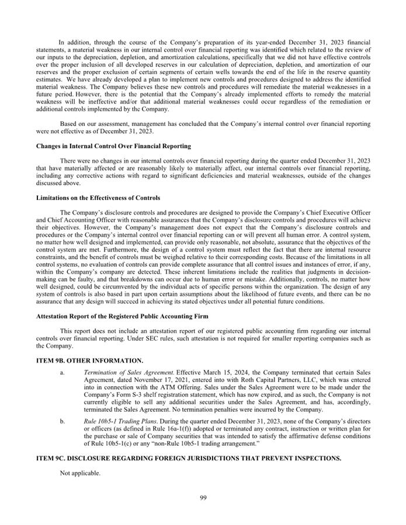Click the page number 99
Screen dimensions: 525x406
tap(203, 498)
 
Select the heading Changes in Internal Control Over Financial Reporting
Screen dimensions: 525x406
tap(113, 145)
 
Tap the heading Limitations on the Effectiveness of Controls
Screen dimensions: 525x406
tap(98, 198)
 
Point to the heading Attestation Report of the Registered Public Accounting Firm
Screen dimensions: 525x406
tap(123, 316)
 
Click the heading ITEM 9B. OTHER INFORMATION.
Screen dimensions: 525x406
tap(90, 361)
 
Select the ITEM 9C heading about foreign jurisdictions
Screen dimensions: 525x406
tap(189, 459)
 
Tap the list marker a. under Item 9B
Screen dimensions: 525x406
tap(63, 372)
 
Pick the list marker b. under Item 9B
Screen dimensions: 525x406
tap(63, 420)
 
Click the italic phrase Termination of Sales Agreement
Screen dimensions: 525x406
tap(129, 372)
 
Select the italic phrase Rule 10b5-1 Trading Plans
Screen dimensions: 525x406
tap(120, 420)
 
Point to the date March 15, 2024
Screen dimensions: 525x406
tap(227, 372)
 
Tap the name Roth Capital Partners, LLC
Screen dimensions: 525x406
tap(258, 379)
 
